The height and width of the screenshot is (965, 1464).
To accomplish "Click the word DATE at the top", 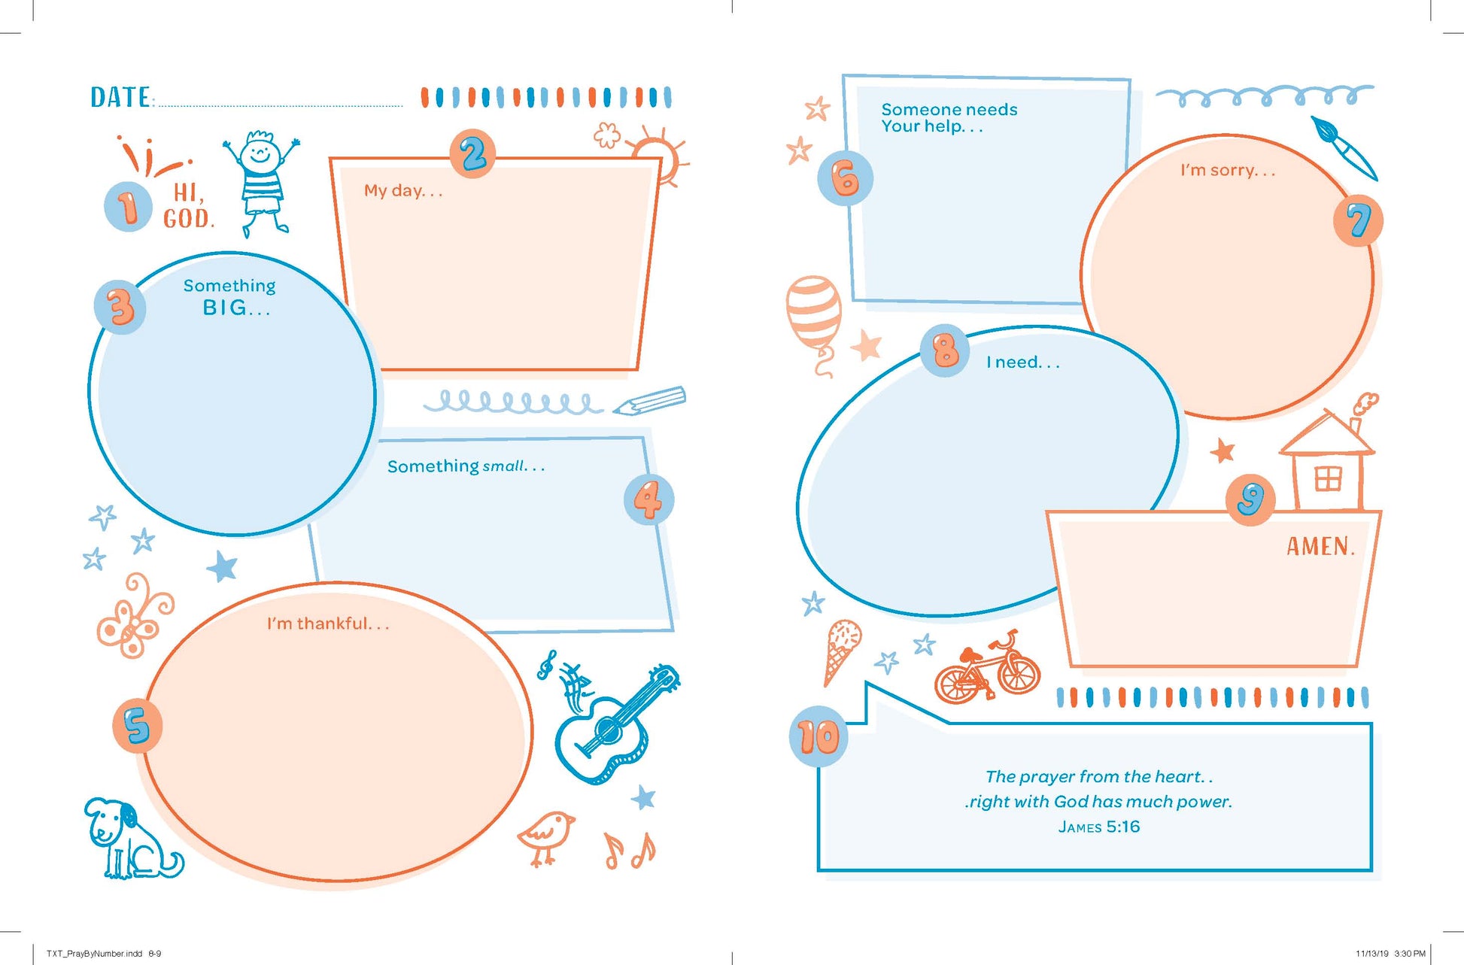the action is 120,98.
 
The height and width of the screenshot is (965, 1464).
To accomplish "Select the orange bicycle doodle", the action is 987,669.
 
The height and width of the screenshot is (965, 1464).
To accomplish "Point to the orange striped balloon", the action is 813,320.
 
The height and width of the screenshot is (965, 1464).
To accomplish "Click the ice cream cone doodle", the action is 840,651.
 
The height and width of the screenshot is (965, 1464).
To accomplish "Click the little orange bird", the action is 547,837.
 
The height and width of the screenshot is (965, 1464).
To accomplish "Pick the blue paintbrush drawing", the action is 1344,147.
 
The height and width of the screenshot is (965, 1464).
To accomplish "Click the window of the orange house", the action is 1328,478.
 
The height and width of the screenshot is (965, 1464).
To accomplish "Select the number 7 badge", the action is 1358,220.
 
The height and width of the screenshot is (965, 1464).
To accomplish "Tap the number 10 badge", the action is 819,736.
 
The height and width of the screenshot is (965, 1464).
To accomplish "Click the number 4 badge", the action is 648,499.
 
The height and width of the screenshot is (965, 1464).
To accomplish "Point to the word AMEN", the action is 1320,546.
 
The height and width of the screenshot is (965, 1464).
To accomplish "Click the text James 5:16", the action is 1099,827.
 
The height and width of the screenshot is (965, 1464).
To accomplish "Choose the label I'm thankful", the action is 328,624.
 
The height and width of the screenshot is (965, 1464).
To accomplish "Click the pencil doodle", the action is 648,400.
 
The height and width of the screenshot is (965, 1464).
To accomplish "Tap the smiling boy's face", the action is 260,153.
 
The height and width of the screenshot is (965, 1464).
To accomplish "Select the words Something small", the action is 466,466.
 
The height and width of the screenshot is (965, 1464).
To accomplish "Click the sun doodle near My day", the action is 658,156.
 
